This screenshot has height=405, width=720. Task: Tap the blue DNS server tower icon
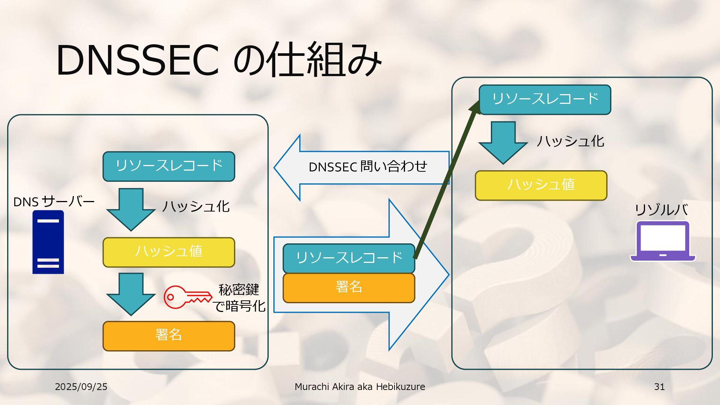coord(48,242)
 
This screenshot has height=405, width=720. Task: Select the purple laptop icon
coord(663,241)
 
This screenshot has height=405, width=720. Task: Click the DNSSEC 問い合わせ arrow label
coord(367,167)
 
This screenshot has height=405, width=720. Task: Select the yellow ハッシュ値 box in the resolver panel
coord(541,185)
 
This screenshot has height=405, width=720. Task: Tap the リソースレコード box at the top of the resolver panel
coord(545,99)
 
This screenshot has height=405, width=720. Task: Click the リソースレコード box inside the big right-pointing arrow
coord(349,258)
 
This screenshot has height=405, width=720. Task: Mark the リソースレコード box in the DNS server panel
coord(169,166)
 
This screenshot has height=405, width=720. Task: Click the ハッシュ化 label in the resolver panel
coord(570,141)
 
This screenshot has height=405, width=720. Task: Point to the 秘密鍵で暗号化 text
coord(239,298)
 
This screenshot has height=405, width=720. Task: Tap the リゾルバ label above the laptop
coord(661,210)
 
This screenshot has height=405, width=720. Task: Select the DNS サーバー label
coord(54,202)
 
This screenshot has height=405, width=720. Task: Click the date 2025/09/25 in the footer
coord(81,387)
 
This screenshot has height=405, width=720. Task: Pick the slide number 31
coord(659,387)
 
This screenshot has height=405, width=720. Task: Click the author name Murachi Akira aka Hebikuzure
coord(360,387)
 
